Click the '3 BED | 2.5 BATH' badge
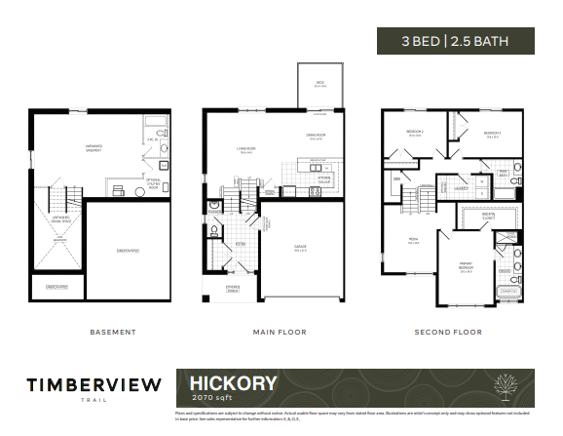455,42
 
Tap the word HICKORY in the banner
226,383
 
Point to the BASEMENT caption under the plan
113,332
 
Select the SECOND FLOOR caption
449,332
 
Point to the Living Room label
246,150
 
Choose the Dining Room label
316,136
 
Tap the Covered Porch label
232,290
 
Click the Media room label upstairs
413,242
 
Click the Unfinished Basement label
95,149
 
